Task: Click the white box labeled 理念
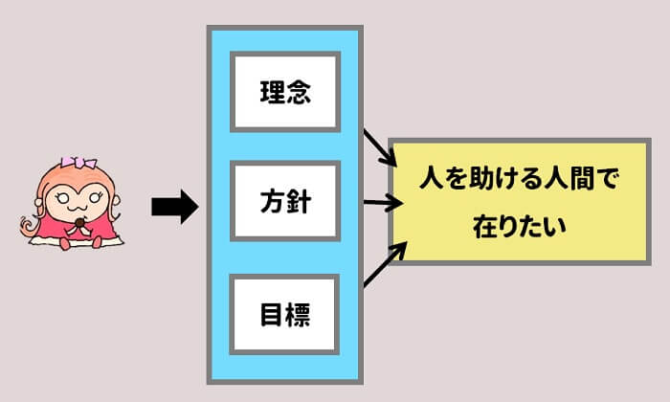285,94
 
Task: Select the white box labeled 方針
285,203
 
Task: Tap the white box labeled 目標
285,313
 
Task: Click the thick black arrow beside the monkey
173,205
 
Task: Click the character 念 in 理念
299,94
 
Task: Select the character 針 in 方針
299,203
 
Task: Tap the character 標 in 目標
299,313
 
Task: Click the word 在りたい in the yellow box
521,228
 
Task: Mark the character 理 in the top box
272,94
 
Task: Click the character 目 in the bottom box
272,313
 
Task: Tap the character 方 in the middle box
272,203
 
